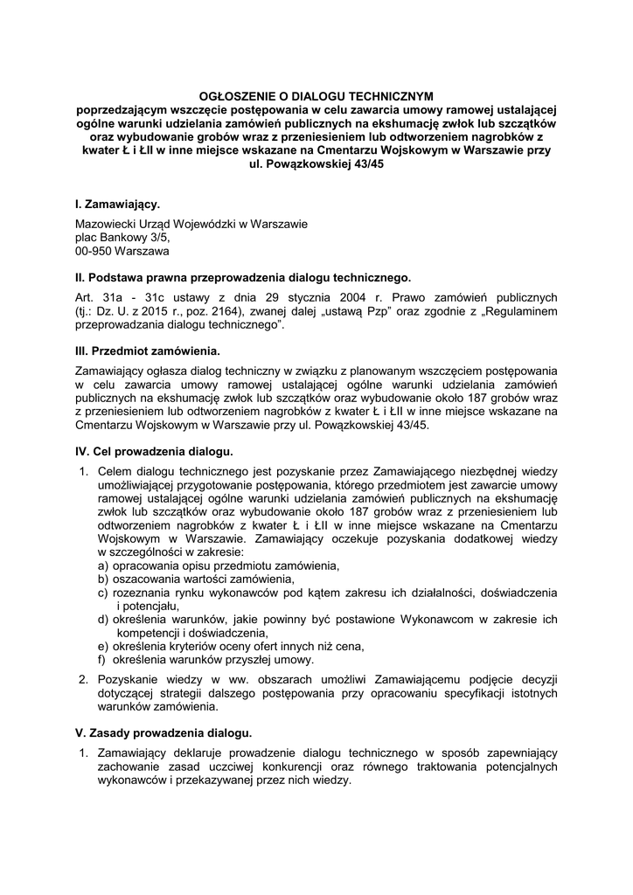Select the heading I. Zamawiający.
point(118,205)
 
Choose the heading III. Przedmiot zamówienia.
point(148,351)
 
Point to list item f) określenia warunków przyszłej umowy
point(205,660)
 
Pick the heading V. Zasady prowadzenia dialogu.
point(164,732)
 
